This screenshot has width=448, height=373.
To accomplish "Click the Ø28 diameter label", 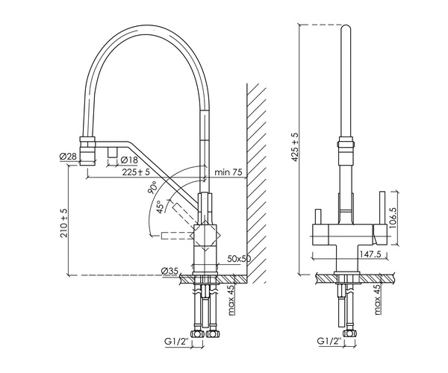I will [x=67, y=156].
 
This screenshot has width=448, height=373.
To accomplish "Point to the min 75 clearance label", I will [x=229, y=173].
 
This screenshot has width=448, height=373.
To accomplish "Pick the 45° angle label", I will [x=161, y=206].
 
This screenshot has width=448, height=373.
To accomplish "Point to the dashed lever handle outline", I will [x=174, y=236].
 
